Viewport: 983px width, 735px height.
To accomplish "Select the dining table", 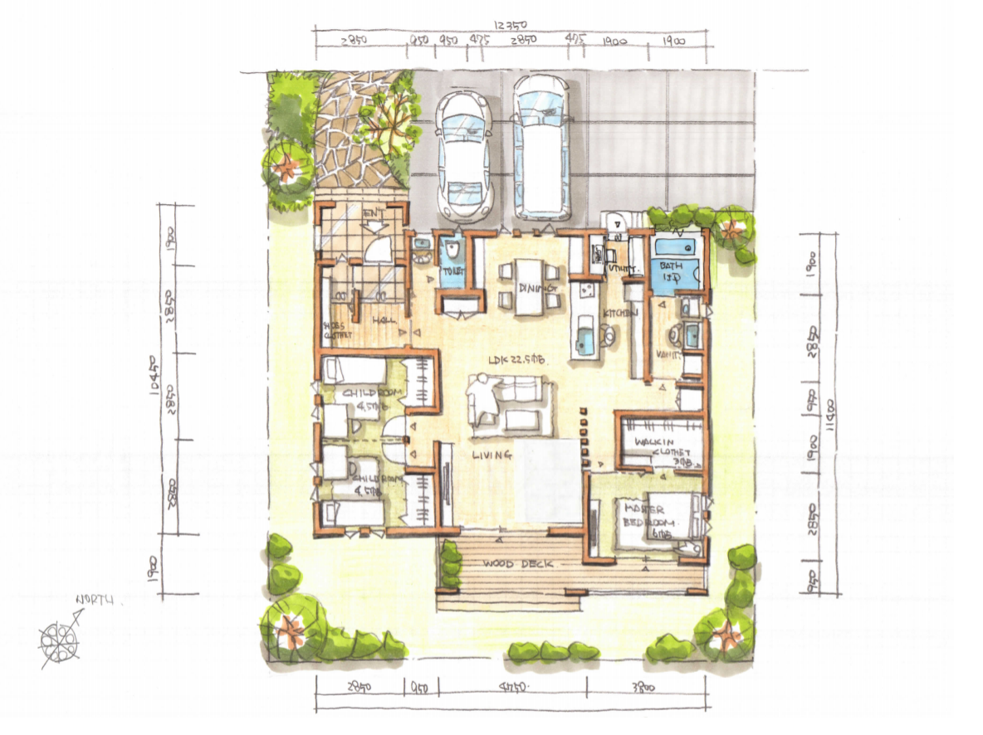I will click(x=529, y=286).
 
